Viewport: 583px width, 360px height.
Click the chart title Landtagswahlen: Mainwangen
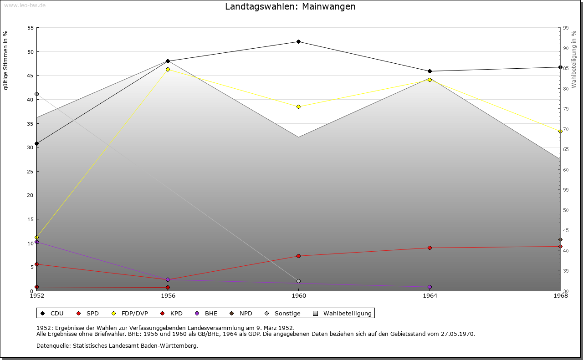coord(290,7)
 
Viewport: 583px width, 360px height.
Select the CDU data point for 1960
coord(299,42)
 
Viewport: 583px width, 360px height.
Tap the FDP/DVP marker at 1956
coord(168,69)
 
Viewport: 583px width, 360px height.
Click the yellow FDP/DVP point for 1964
coord(430,80)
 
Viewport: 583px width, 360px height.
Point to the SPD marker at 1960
coord(299,256)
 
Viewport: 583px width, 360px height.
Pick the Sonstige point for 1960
coord(299,281)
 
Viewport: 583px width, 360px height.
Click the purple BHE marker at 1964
coord(430,287)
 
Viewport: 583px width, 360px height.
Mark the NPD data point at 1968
coord(560,240)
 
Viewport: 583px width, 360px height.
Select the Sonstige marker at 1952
coord(37,94)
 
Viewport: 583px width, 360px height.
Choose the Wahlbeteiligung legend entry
coord(343,313)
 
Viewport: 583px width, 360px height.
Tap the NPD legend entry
coord(241,313)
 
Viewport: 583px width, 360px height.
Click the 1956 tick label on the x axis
coord(168,296)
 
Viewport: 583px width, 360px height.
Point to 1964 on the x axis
coord(430,296)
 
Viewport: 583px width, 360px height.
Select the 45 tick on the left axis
coord(31,76)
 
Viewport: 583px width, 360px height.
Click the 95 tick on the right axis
coord(565,28)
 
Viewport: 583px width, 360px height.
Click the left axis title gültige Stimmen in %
coord(5,61)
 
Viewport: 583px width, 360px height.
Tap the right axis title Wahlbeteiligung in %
coord(574,60)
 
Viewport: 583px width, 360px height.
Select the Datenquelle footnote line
coord(117,345)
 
